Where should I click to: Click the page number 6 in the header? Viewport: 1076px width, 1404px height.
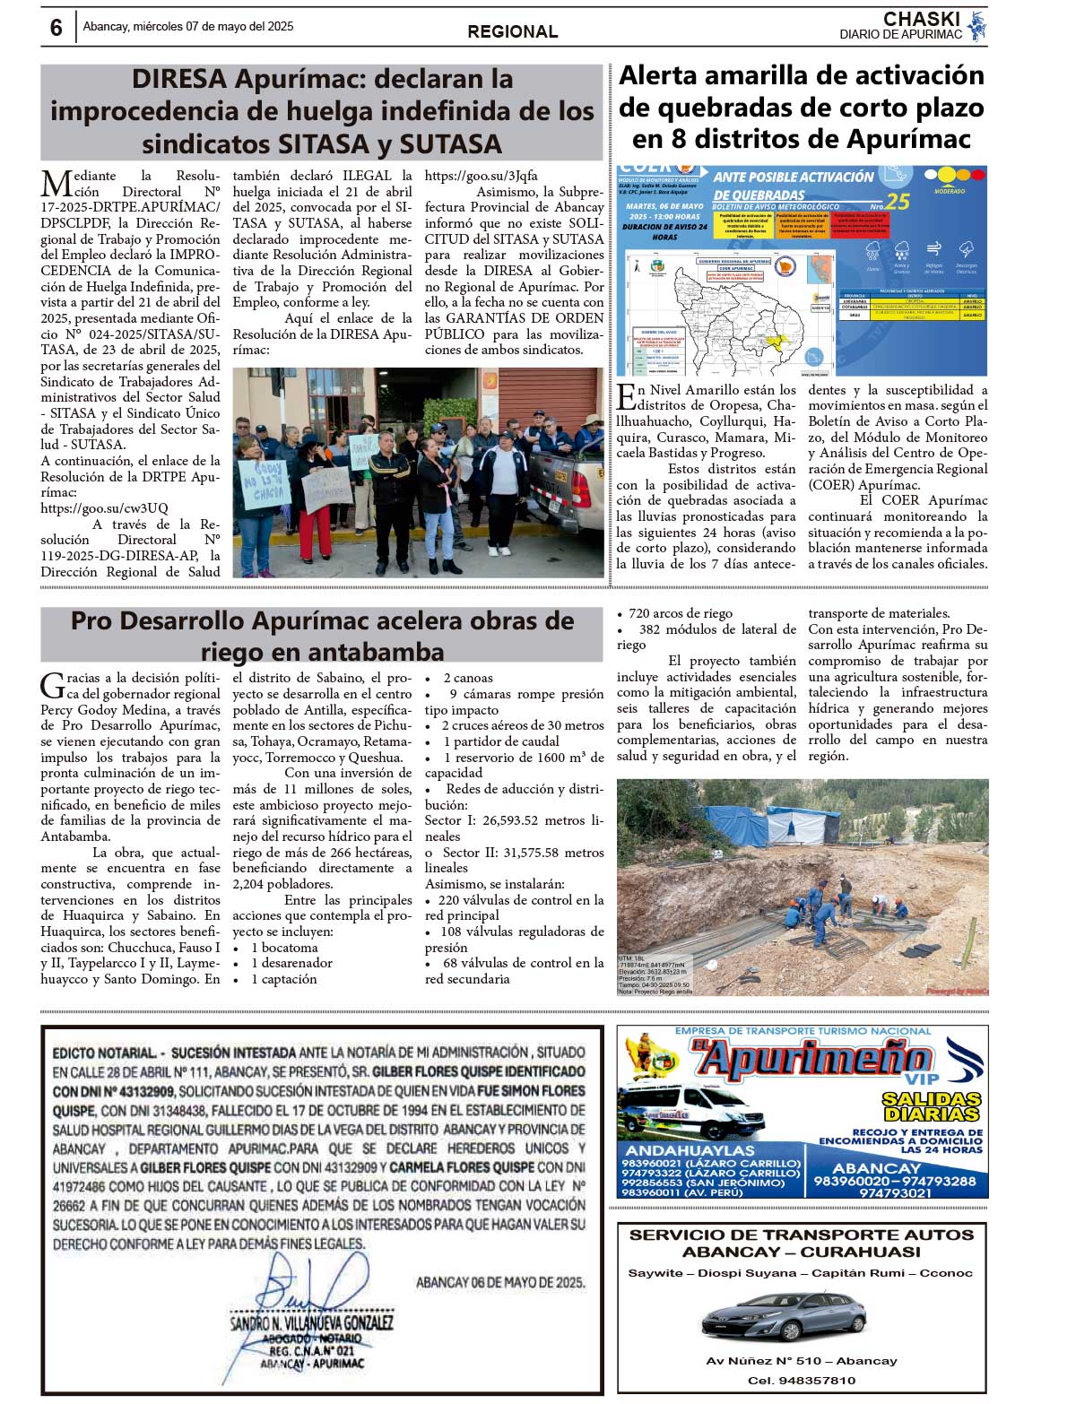(56, 28)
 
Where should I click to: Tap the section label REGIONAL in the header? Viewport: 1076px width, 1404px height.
(512, 32)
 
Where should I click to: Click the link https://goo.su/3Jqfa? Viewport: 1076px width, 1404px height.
(481, 176)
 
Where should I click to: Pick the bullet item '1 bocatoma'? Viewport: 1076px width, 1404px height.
(284, 948)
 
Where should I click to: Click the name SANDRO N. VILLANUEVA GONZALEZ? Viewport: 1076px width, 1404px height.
(311, 1322)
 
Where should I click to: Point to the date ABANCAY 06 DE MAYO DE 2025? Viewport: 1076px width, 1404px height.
(500, 1282)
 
